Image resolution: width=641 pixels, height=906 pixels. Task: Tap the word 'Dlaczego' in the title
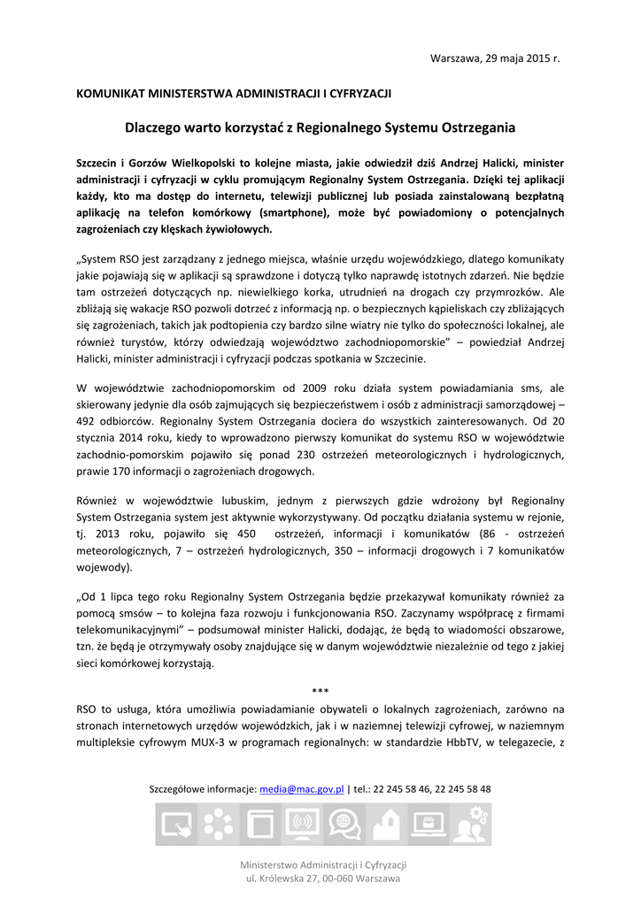pos(153,127)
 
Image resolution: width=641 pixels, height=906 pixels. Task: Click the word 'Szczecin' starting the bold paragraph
pos(100,164)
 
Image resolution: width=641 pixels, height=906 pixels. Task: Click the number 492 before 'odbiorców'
pos(89,421)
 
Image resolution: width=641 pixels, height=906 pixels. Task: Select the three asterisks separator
pos(320,691)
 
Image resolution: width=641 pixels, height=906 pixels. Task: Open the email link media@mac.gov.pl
pos(301,788)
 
